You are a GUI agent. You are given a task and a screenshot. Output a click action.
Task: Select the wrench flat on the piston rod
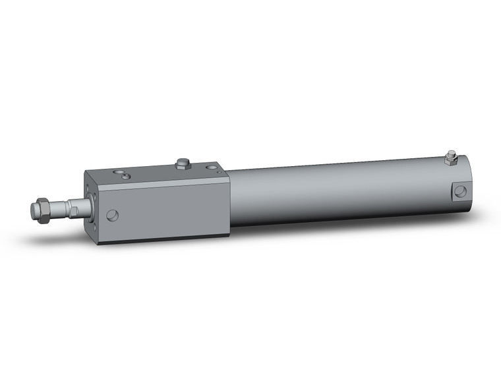tap(74, 210)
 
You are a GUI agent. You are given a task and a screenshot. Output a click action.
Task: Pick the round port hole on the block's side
tap(113, 215)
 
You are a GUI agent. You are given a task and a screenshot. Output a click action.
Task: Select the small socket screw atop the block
tap(127, 176)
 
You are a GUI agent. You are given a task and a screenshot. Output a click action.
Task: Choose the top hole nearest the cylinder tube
tap(210, 167)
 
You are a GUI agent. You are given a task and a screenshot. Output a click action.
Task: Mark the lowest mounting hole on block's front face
tap(94, 228)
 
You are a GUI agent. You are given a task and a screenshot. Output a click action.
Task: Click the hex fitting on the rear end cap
tap(451, 158)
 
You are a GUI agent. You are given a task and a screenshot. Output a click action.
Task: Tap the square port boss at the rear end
tap(460, 191)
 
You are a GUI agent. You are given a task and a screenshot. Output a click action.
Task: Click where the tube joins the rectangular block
tap(230, 198)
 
